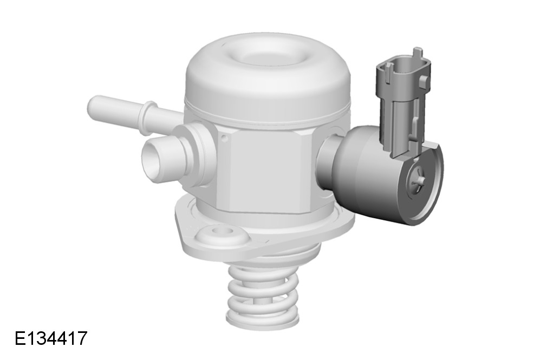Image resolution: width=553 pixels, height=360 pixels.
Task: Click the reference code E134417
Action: tap(51, 338)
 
